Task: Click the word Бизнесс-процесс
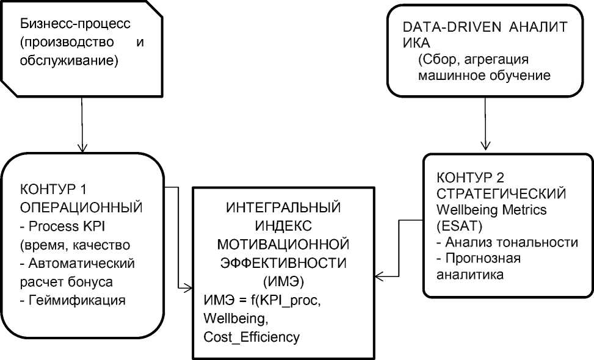point(75,24)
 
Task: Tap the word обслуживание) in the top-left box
point(69,60)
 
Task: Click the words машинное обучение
point(484,75)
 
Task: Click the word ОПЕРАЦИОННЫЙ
point(81,207)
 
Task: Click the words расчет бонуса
point(67,282)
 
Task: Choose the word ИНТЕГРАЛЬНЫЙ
point(283,207)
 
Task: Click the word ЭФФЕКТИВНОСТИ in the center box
point(283,263)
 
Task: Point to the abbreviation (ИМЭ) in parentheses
point(283,282)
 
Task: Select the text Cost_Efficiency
point(252,337)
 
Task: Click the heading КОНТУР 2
point(470,178)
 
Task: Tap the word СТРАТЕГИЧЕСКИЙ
point(501,193)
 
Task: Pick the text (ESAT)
point(460,226)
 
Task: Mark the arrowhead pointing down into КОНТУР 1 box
point(82,147)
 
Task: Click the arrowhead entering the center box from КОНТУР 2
point(380,276)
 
